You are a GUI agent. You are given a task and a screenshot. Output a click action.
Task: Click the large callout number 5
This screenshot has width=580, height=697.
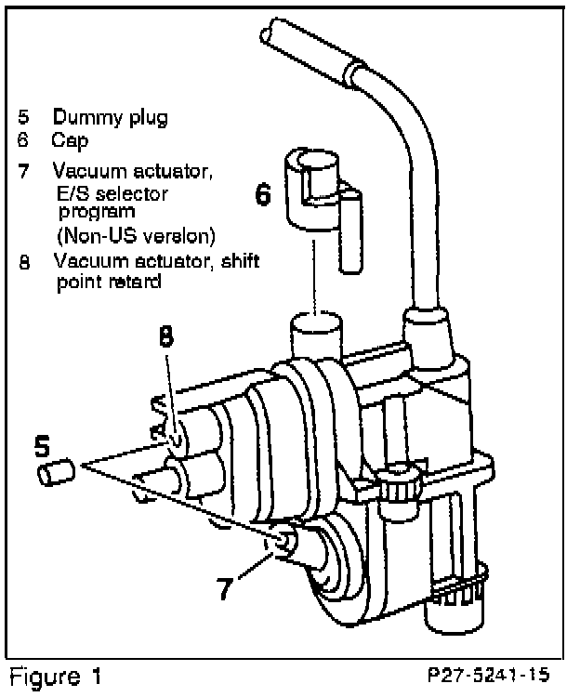[x=42, y=446]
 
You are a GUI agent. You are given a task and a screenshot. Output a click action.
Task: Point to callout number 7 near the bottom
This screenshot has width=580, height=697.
[x=225, y=588]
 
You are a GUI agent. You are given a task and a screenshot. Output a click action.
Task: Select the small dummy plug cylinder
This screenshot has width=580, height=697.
[x=54, y=475]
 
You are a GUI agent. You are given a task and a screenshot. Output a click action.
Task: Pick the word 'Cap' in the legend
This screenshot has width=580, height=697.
[x=68, y=141]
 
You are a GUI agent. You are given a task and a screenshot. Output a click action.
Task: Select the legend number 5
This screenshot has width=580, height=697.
[x=22, y=118]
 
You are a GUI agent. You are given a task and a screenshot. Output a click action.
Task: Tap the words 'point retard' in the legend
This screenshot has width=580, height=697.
[x=108, y=281]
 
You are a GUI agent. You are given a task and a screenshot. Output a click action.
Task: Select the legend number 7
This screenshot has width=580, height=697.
[x=22, y=171]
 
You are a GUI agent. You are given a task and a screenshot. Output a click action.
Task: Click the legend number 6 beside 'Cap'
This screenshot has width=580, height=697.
[x=22, y=141]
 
